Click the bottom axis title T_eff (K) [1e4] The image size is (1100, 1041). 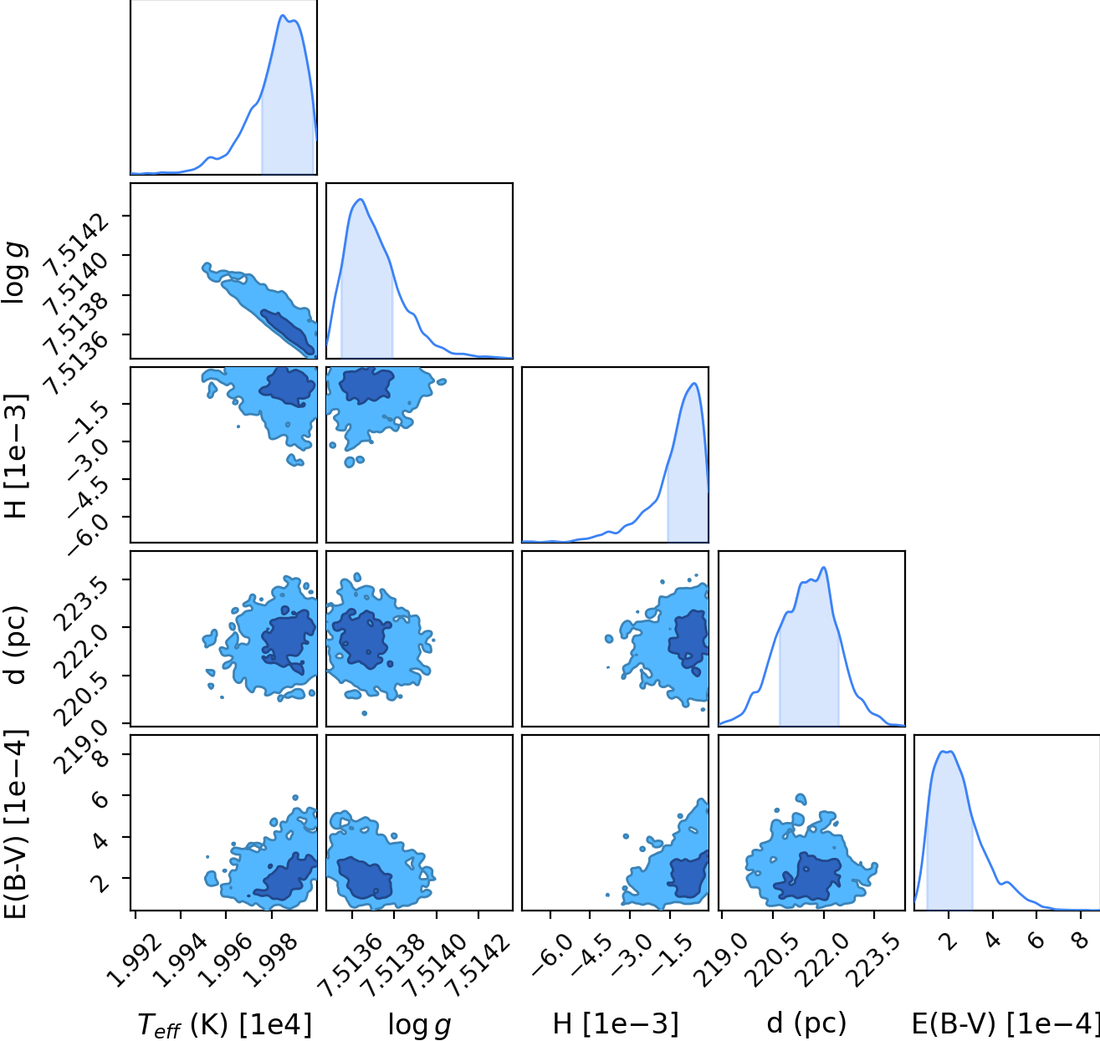(x=224, y=1024)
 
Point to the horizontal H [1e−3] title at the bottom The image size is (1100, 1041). (x=616, y=1023)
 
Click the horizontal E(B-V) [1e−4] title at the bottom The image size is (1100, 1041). (x=1005, y=1023)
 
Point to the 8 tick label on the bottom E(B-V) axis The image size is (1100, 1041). (x=1081, y=941)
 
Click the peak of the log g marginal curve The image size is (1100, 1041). (x=361, y=199)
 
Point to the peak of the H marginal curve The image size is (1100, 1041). (x=693, y=383)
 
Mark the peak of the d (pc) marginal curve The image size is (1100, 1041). (x=824, y=567)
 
